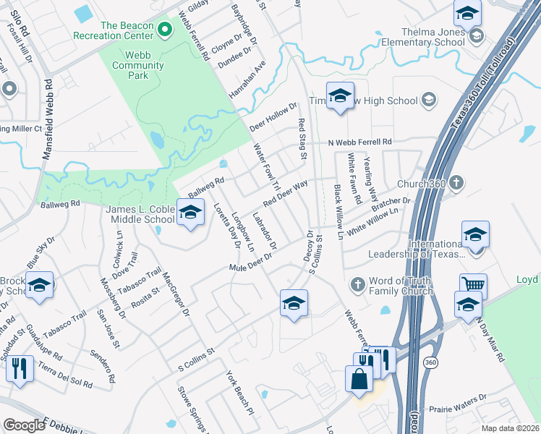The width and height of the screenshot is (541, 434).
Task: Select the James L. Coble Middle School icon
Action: (190, 213)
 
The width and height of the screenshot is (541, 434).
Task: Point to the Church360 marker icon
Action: (456, 182)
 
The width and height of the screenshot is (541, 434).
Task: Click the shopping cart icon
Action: (474, 286)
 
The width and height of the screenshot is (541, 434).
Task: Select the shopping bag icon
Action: (359, 378)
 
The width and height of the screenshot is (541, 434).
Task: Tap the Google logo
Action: (25, 425)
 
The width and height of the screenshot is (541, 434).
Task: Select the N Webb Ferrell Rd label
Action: (359, 142)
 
